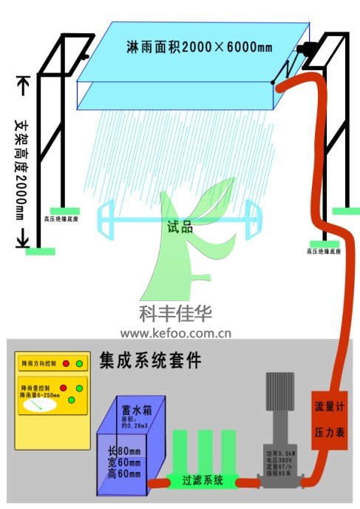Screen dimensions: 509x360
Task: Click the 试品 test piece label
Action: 180,227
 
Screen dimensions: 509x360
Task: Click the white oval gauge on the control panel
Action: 35,405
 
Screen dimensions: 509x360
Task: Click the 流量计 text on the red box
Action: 329,406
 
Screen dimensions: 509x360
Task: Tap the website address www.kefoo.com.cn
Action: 176,333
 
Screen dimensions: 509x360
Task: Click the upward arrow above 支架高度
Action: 20,85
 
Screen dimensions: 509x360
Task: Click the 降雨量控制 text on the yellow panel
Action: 36,387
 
